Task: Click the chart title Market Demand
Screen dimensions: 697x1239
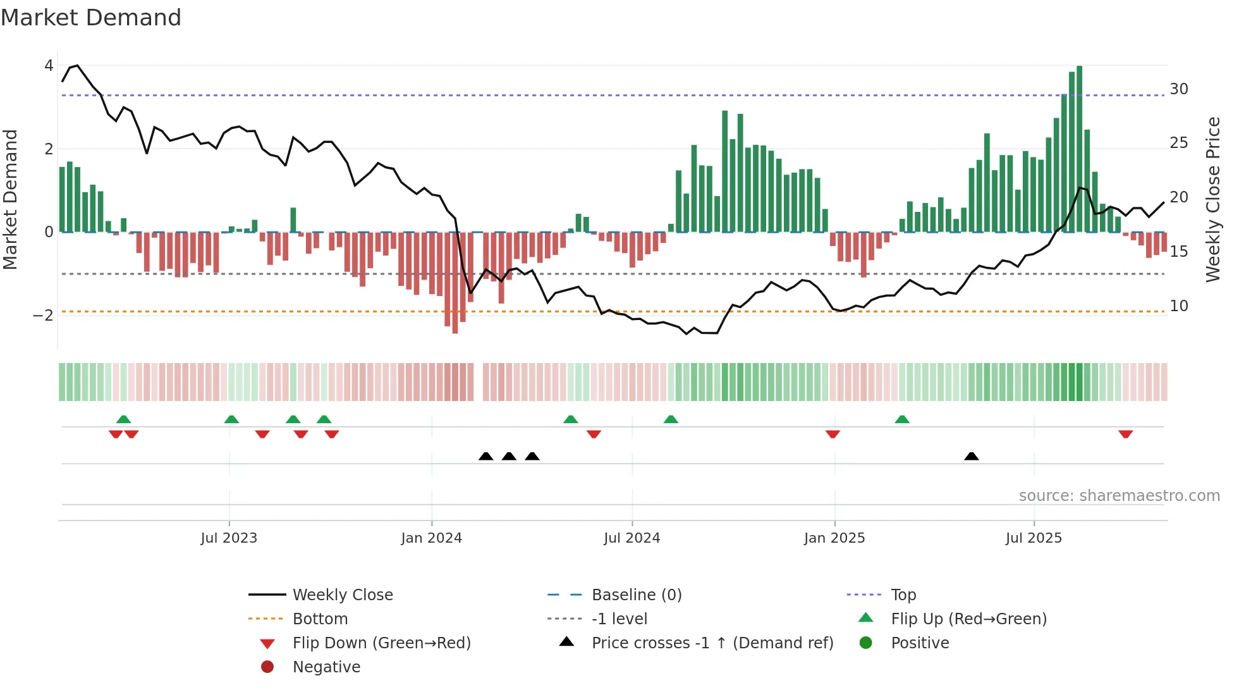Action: click(x=91, y=18)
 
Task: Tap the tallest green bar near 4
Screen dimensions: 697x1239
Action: click(x=1079, y=149)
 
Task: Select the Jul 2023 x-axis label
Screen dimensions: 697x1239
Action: click(x=229, y=538)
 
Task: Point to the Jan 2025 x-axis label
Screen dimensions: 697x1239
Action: click(x=834, y=538)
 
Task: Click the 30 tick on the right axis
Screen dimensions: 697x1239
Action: click(x=1178, y=89)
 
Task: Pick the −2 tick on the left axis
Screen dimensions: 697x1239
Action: click(x=44, y=315)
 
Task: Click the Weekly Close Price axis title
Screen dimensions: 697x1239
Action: click(x=1212, y=199)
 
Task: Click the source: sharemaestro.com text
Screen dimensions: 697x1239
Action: click(x=1119, y=496)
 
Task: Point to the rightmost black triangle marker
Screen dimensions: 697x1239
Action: click(x=972, y=456)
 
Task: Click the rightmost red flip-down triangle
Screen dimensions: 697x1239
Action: click(x=1125, y=434)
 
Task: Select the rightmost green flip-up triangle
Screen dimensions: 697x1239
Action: click(x=902, y=419)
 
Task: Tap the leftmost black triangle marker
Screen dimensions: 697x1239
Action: click(x=485, y=456)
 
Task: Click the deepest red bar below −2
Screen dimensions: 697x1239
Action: click(x=455, y=285)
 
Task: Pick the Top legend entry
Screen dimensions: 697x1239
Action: click(x=903, y=595)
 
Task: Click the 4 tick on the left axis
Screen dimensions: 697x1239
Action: click(x=49, y=66)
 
